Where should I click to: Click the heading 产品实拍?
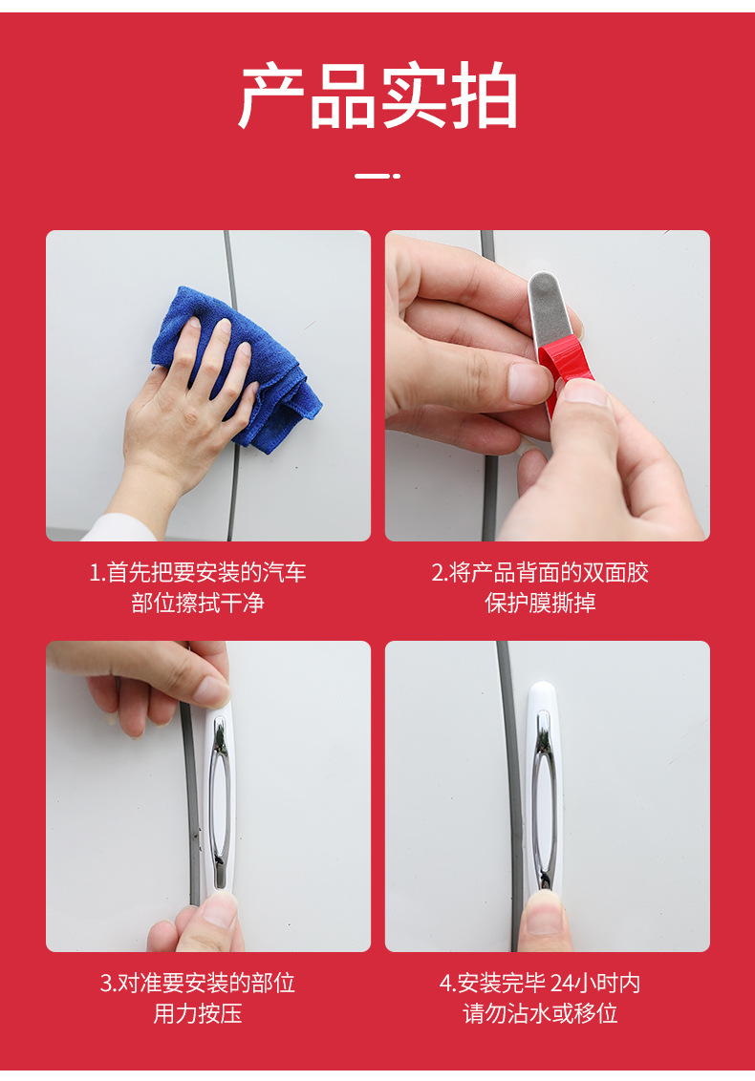pos(377,95)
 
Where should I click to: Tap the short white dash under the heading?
pos(377,176)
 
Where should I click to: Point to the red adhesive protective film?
pos(560,366)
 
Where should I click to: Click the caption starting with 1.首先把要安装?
pos(198,572)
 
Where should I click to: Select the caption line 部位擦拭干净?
pos(198,604)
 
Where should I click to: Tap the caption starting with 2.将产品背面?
pos(540,572)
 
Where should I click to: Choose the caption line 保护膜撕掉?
pos(540,604)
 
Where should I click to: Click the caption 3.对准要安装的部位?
pos(198,983)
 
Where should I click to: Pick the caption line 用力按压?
pos(198,1013)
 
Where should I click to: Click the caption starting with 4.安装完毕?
pos(540,983)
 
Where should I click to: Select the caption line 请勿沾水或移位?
pos(540,1013)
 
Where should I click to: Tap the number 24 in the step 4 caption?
pos(563,983)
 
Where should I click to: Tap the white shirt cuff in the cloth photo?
pos(120,528)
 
